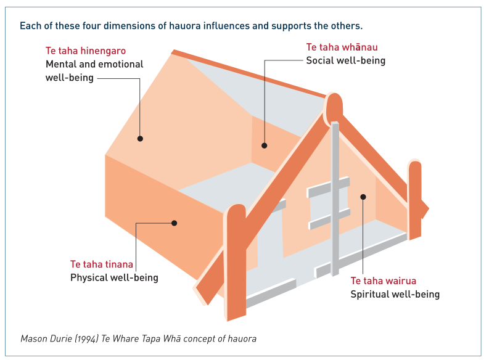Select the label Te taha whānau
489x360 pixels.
(x=342, y=47)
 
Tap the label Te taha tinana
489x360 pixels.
(x=102, y=264)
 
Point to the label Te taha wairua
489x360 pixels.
(x=383, y=281)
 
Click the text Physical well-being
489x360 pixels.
(x=114, y=278)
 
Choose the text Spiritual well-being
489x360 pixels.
(x=395, y=295)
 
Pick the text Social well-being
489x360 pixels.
(x=345, y=60)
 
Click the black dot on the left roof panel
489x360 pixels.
(x=140, y=139)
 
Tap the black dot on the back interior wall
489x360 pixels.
(x=264, y=146)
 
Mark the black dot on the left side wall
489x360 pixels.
(x=175, y=223)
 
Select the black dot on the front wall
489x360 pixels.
(x=363, y=197)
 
